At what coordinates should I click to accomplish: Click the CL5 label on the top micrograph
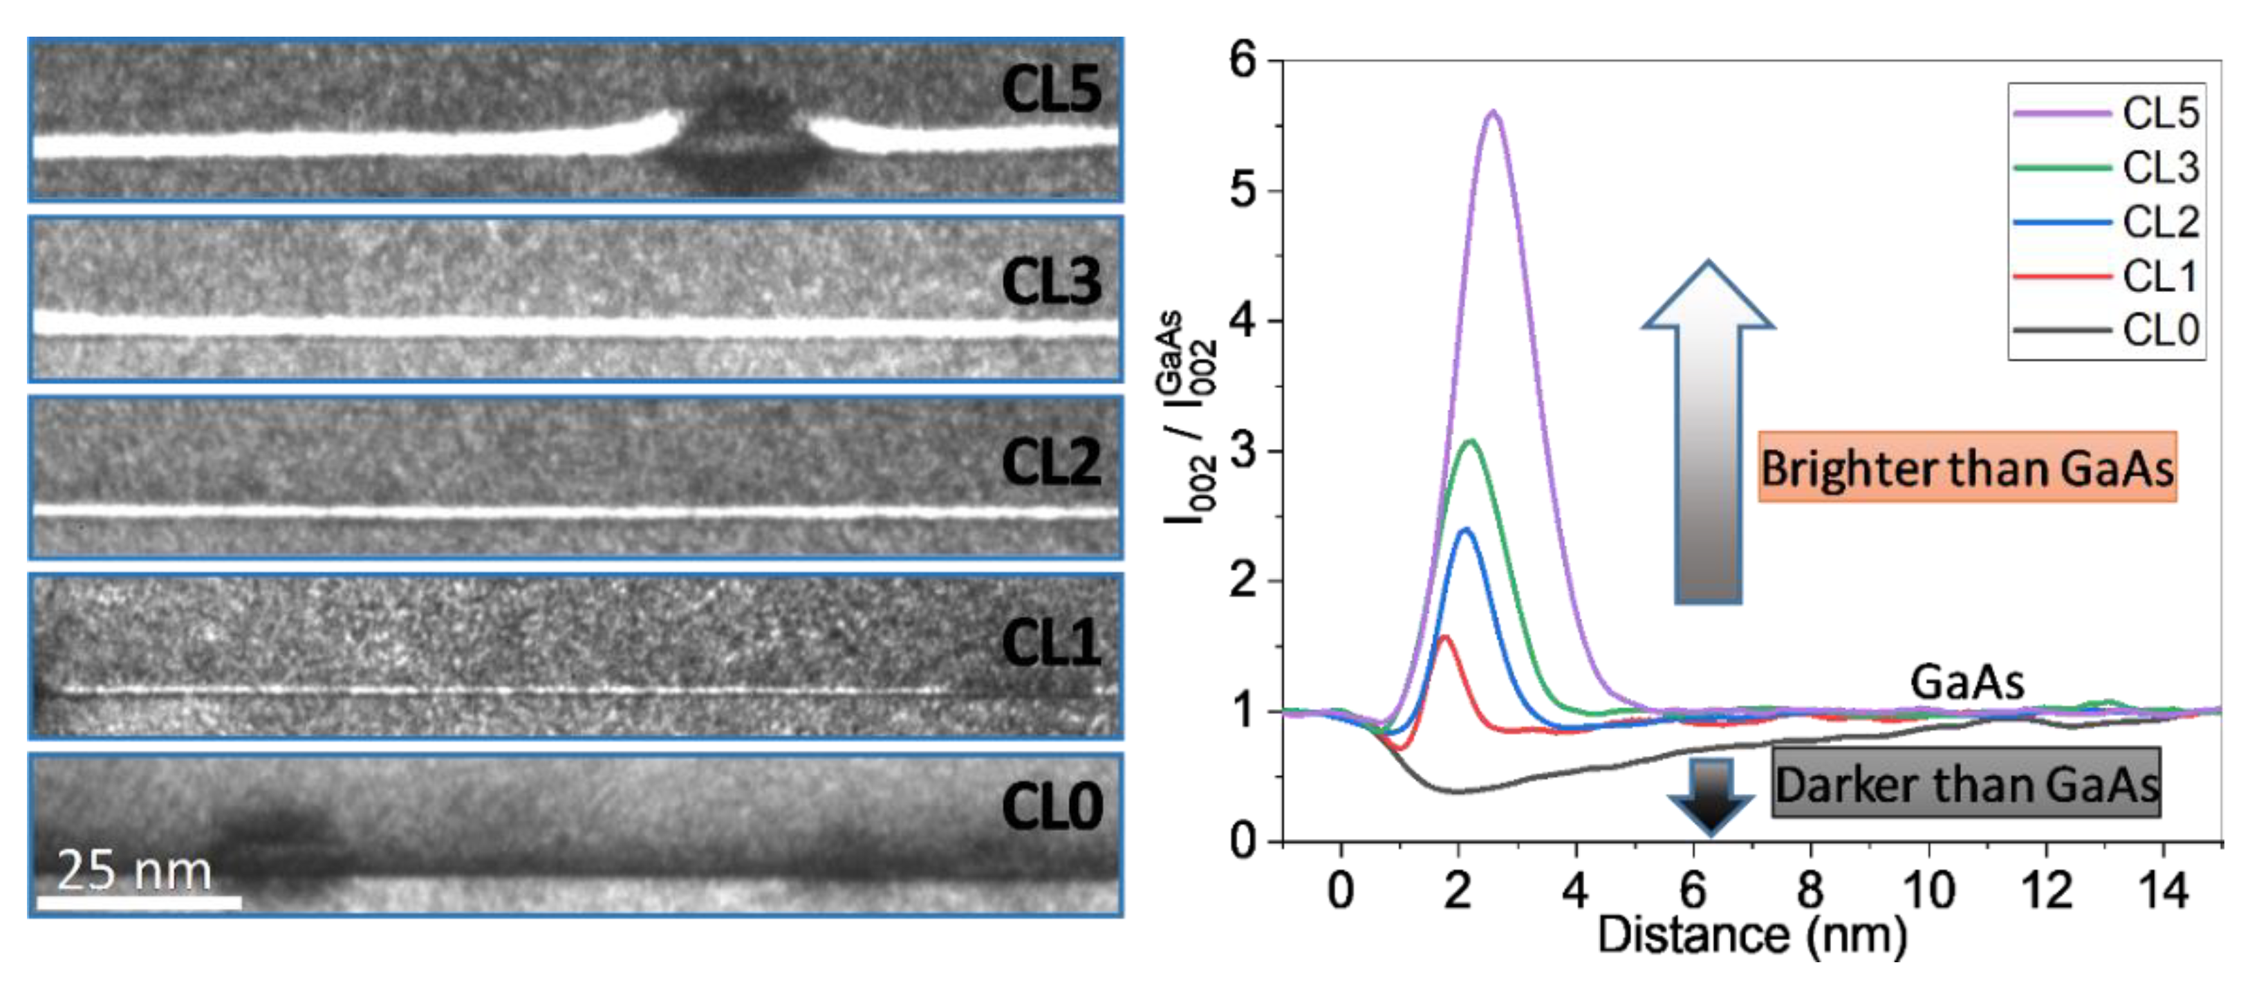[x=1051, y=89]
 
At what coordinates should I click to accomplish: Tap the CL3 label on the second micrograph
[x=1051, y=282]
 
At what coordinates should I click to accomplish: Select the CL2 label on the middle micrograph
[x=1051, y=461]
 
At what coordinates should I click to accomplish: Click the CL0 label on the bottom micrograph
[x=1051, y=806]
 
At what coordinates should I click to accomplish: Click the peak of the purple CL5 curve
[x=1494, y=112]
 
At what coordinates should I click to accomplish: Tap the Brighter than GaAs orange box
[x=1966, y=468]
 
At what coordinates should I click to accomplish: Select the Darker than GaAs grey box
[x=1966, y=783]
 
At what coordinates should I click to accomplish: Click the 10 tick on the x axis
[x=1928, y=890]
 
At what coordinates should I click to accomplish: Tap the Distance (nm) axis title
[x=1751, y=935]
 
